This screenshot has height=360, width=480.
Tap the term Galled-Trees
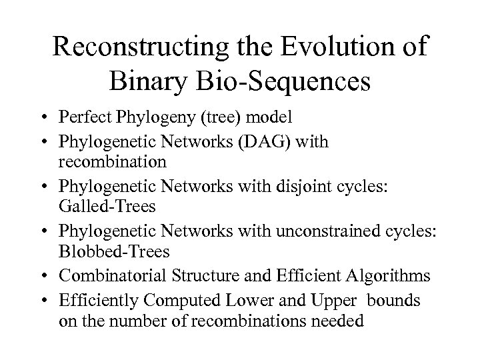pos(107,207)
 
